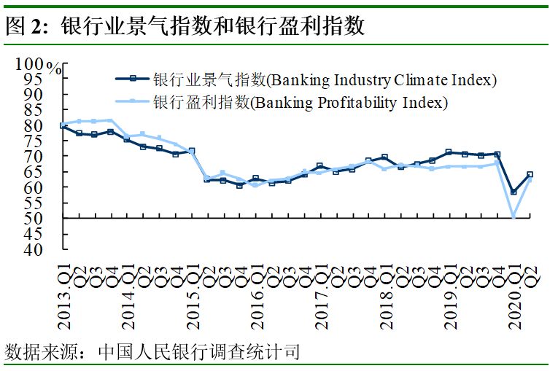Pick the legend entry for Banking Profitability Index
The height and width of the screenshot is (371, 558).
point(300,102)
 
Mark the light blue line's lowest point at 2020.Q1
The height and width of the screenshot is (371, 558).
point(514,216)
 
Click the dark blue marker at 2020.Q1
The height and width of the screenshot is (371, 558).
point(514,192)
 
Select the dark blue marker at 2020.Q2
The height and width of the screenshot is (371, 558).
point(530,175)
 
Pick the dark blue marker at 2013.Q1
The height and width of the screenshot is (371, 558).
point(63,126)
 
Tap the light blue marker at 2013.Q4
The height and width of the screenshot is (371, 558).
point(111,120)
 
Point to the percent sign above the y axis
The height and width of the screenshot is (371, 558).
point(54,69)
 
